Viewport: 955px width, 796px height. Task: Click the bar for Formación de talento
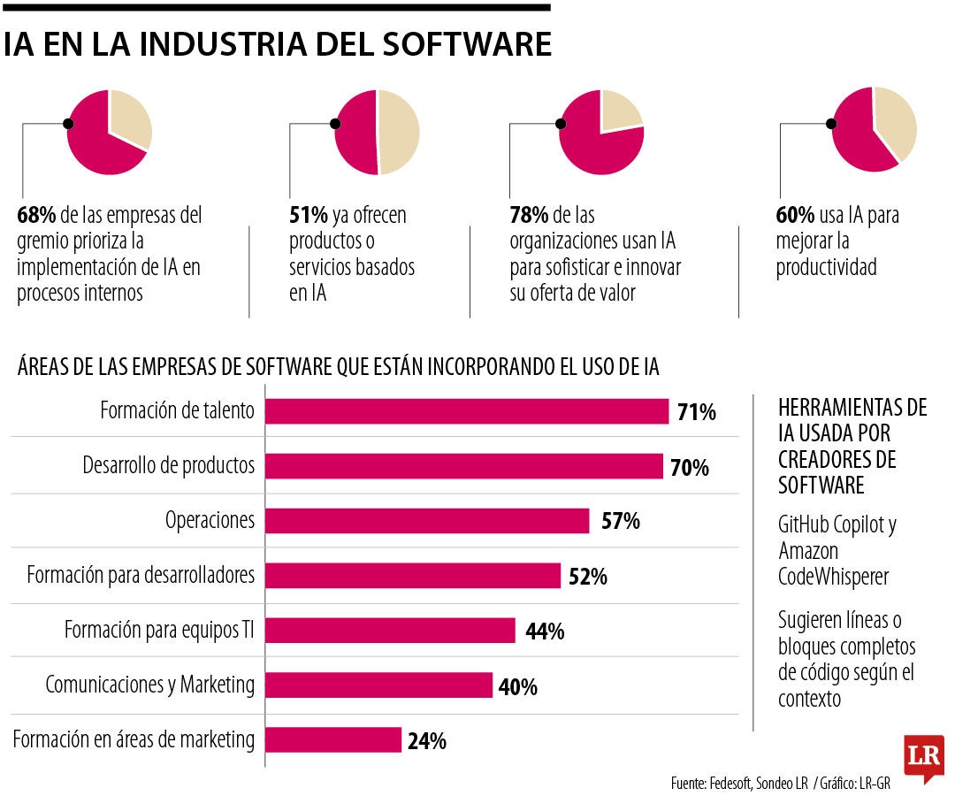coord(467,411)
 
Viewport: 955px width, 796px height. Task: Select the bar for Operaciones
coord(427,521)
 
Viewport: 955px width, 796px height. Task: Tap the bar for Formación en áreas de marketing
coord(333,739)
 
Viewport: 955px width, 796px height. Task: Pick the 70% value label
coord(690,467)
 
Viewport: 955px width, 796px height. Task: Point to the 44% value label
coord(545,631)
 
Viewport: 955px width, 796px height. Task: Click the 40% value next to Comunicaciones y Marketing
coord(517,686)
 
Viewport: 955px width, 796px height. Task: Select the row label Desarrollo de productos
coord(168,465)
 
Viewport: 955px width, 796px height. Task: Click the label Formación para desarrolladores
coord(141,575)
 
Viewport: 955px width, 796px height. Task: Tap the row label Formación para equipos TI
coord(159,630)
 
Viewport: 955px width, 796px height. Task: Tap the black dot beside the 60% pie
coord(830,125)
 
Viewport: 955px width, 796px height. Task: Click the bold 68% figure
coord(36,215)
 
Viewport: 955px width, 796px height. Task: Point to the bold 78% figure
coord(529,215)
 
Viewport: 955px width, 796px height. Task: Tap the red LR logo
coord(923,757)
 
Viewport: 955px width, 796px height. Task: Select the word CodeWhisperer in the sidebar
coord(833,577)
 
